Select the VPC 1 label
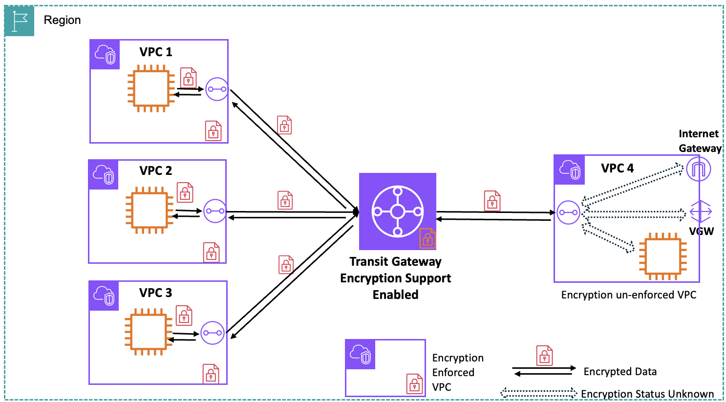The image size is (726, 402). pyautogui.click(x=155, y=52)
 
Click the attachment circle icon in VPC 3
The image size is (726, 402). pyautogui.click(x=212, y=333)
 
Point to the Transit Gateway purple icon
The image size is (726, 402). pyautogui.click(x=397, y=212)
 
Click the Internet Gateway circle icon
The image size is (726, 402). pyautogui.click(x=698, y=169)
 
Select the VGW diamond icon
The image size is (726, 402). pyautogui.click(x=701, y=212)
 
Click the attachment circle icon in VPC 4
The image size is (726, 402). pyautogui.click(x=568, y=212)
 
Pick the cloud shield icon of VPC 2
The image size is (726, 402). pyautogui.click(x=104, y=174)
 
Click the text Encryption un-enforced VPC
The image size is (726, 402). pyautogui.click(x=628, y=295)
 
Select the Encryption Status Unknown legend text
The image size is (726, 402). pyautogui.click(x=647, y=394)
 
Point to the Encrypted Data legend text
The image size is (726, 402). pyautogui.click(x=619, y=372)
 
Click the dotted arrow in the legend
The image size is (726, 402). pyautogui.click(x=538, y=392)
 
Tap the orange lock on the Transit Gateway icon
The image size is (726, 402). pyautogui.click(x=427, y=238)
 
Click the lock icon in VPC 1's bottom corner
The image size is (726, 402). pyautogui.click(x=213, y=130)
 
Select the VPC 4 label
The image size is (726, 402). pyautogui.click(x=617, y=169)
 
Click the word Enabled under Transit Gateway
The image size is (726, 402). pyautogui.click(x=395, y=295)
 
